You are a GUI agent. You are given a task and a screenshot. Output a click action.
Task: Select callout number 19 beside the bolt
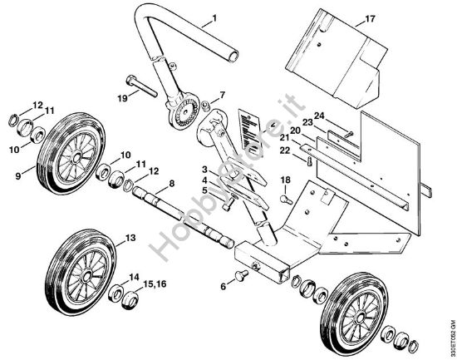[x=122, y=98]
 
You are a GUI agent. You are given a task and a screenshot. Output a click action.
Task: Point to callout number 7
[x=222, y=96]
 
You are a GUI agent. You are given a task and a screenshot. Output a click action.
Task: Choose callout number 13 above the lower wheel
[x=129, y=238]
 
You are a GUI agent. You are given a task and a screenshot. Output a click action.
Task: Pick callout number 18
[x=284, y=180]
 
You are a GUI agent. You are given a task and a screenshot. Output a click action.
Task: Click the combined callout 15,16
[x=155, y=285]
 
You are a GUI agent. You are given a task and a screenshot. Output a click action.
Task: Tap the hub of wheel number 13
[x=86, y=271]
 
